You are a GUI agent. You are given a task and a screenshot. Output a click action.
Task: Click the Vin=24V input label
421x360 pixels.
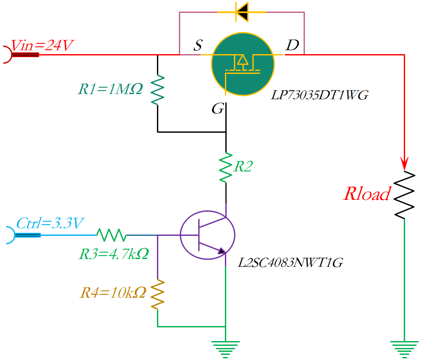42,46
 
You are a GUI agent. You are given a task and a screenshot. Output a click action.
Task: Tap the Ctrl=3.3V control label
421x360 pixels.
50,224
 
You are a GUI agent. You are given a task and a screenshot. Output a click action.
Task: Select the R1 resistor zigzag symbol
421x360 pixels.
157,90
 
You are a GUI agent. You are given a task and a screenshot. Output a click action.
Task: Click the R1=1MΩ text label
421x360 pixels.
110,89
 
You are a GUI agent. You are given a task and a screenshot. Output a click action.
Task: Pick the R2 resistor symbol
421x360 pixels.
226,168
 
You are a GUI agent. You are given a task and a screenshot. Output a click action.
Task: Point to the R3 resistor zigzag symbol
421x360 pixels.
111,235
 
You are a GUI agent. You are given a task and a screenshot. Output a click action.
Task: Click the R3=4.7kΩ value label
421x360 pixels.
114,254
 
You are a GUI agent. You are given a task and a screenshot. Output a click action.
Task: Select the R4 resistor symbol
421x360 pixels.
157,294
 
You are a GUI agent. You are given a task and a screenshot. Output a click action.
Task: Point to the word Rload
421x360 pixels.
366,194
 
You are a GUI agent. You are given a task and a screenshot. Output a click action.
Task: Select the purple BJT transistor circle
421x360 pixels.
208,235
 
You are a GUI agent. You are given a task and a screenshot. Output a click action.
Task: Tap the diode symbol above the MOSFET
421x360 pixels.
242,12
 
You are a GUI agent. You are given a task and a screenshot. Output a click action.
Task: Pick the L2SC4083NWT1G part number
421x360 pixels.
291,262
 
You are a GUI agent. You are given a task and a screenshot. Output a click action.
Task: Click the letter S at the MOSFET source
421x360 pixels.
197,46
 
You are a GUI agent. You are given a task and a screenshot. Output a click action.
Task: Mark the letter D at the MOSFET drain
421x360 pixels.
292,45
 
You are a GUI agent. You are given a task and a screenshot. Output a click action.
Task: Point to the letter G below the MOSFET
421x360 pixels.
218,109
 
